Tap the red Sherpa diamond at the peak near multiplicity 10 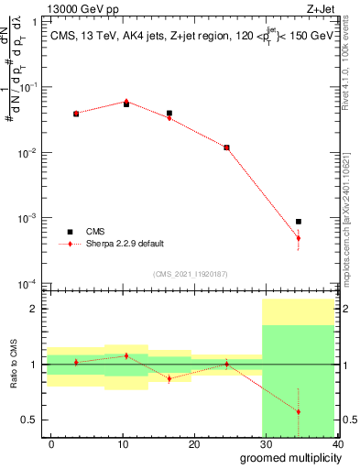point(126,102)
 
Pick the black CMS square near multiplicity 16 point(169,114)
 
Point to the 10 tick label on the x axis point(123,444)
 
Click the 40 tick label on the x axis point(337,444)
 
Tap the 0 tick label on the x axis point(51,444)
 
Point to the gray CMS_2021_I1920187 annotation point(190,274)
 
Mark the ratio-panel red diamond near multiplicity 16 point(169,378)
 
